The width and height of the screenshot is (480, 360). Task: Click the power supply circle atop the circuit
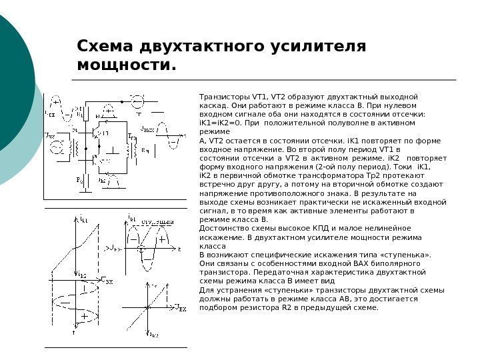[x=137, y=102]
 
